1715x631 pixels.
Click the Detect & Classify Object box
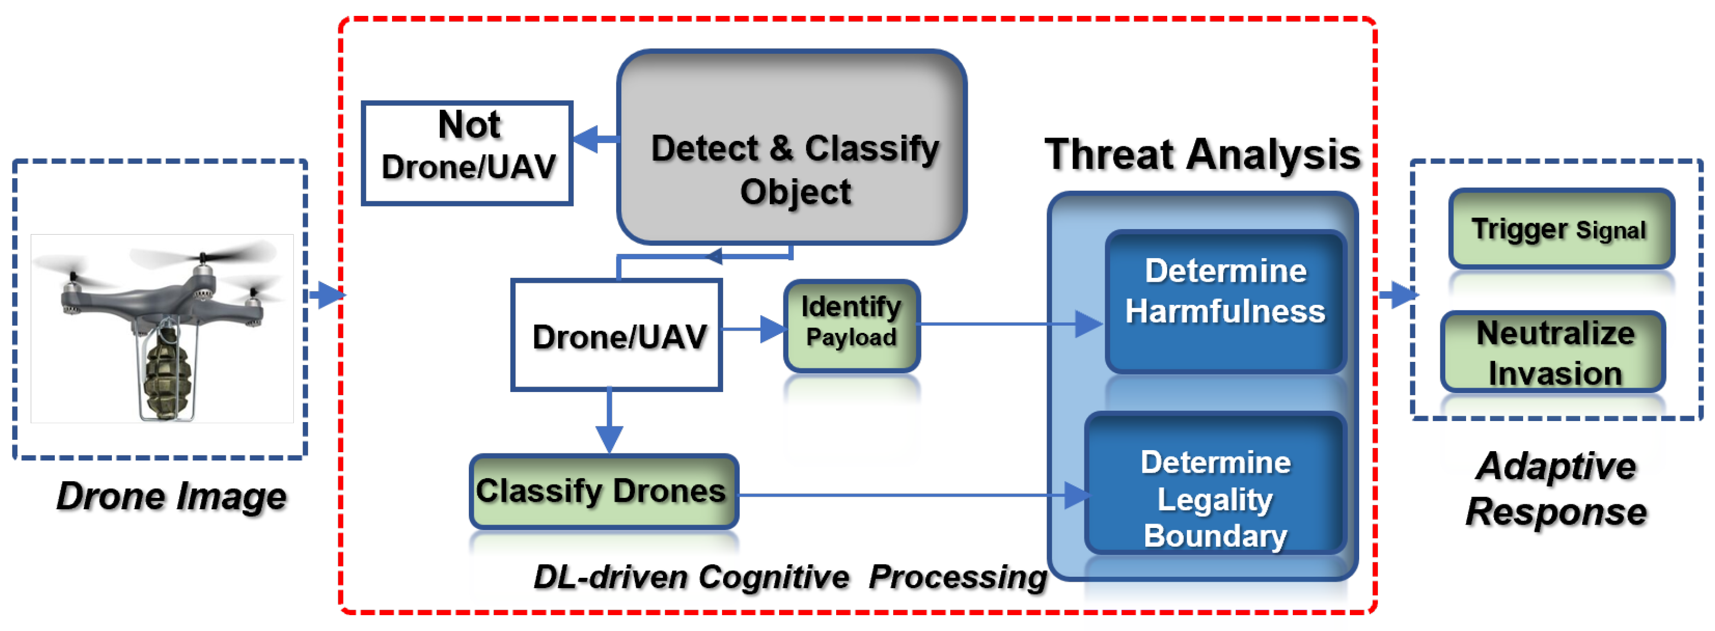tap(792, 148)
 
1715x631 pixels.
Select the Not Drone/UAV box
tap(467, 153)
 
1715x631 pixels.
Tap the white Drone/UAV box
tap(616, 335)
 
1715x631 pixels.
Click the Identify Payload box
tap(851, 325)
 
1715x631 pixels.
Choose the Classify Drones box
tap(603, 491)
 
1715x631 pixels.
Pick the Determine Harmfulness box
tap(1225, 301)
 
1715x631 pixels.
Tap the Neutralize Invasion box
tap(1554, 352)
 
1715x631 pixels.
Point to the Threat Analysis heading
tap(1202, 155)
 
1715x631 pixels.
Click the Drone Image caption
tap(171, 497)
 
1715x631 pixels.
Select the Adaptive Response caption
tap(1555, 489)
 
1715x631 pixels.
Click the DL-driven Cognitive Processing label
tap(790, 576)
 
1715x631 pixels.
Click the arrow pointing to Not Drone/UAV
tap(594, 139)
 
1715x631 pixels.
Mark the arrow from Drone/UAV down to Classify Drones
tap(609, 423)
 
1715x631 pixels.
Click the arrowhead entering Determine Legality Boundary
tap(1076, 495)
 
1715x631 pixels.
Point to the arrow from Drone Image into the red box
tap(327, 294)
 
